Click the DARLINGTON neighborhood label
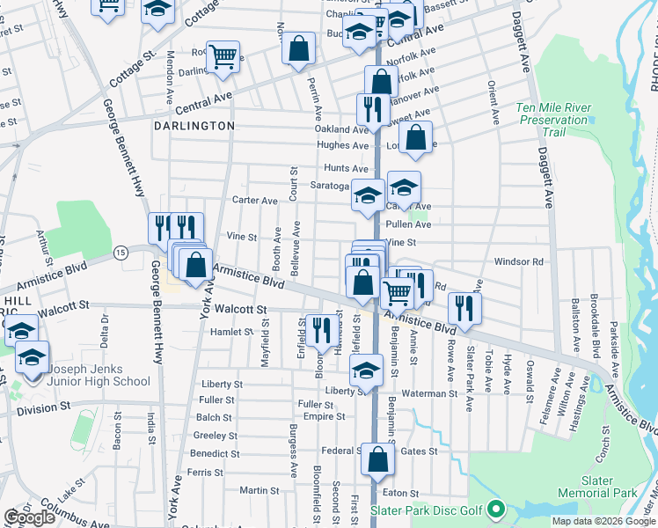tap(194, 126)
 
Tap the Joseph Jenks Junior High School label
tap(99, 376)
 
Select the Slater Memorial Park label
tap(610, 487)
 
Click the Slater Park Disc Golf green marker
tap(496, 510)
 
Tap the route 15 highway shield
tap(121, 253)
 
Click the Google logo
tap(30, 517)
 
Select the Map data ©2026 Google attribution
tap(603, 521)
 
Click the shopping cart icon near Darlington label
tap(223, 57)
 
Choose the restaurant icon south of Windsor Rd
tap(464, 307)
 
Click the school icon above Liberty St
tap(367, 370)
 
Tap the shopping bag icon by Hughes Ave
tap(417, 137)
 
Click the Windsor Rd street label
tap(520, 261)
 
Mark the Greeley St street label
tap(210, 435)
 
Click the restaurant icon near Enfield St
tap(322, 330)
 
